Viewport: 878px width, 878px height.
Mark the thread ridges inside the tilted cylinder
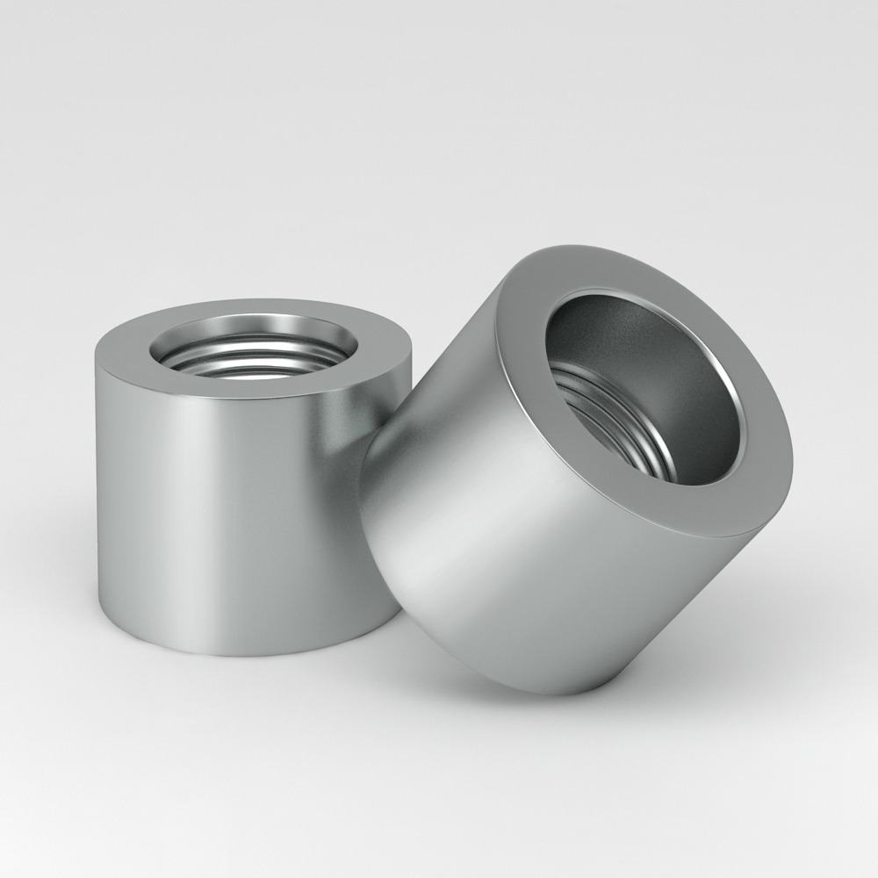click(x=615, y=421)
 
